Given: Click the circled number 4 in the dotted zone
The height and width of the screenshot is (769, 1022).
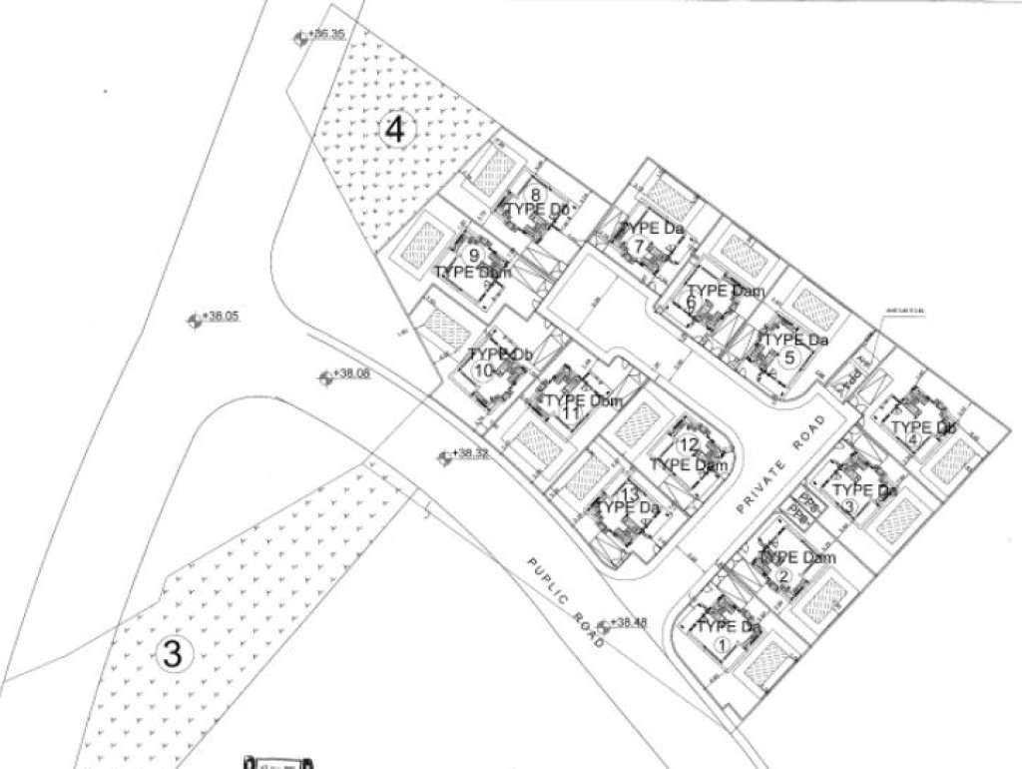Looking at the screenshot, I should (396, 130).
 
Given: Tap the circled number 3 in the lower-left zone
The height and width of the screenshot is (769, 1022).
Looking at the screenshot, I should (173, 655).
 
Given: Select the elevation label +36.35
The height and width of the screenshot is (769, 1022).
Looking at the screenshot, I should (326, 34).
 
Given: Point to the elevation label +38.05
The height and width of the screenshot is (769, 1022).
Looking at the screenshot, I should (222, 317).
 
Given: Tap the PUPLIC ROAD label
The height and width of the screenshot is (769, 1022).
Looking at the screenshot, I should (566, 605).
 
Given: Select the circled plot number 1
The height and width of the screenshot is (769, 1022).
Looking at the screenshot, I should (722, 644).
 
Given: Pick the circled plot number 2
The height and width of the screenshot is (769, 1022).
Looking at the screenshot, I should (783, 575).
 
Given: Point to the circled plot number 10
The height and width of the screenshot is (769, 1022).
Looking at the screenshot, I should (484, 372).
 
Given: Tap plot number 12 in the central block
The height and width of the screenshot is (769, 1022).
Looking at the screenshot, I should (688, 445).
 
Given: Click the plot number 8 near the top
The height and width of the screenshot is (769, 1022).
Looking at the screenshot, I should (536, 195).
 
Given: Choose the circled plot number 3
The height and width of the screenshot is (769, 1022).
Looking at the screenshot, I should (849, 506).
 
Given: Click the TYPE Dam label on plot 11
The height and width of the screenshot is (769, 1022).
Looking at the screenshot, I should (584, 401).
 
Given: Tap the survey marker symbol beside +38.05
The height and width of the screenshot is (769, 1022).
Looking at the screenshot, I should (194, 320).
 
